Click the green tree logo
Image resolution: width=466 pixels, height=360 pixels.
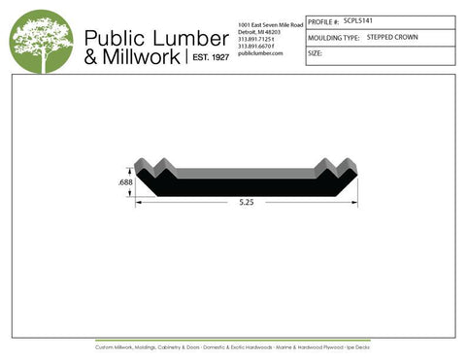coord(41,42)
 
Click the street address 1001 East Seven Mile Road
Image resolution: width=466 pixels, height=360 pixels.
coord(271,23)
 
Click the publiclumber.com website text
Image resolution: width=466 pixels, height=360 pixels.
coord(259,53)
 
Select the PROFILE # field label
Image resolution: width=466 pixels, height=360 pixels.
coord(323,20)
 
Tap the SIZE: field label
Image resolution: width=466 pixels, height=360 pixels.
coord(315,53)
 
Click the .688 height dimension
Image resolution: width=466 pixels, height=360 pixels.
coord(125,182)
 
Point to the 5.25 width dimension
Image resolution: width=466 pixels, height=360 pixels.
coord(247,202)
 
